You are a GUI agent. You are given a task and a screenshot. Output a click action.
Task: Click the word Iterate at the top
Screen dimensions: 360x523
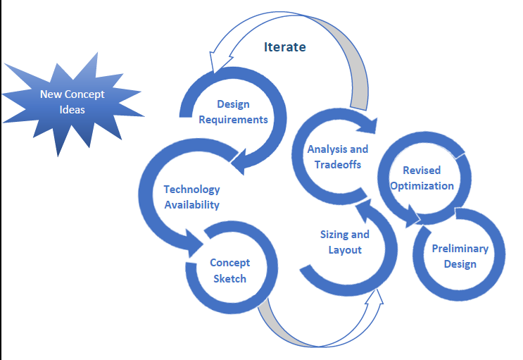285,47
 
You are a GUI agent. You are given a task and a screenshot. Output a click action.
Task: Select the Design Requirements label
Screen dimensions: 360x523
233,112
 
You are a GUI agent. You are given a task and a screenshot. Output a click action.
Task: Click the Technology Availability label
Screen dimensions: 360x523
191,197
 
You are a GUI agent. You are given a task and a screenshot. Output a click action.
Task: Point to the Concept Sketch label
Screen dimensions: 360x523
229,271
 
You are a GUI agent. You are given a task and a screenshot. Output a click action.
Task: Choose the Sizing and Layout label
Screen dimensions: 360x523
345,242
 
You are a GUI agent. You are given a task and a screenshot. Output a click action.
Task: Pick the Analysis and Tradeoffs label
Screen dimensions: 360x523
337,156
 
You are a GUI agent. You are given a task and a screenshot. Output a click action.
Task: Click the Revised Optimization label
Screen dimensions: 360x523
422,178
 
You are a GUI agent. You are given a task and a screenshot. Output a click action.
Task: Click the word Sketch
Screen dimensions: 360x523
229,278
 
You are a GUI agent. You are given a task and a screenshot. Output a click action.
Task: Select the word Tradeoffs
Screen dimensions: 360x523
338,164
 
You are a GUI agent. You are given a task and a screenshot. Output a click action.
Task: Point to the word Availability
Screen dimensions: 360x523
191,205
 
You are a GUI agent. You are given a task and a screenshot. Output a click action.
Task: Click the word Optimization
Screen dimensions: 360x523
422,186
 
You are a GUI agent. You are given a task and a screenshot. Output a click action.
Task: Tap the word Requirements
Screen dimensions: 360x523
233,120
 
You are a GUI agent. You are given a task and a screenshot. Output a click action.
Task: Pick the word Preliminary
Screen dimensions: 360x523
460,249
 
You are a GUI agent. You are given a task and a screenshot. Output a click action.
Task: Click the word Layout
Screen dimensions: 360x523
345,250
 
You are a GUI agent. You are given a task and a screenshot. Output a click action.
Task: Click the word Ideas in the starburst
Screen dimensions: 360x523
72,110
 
